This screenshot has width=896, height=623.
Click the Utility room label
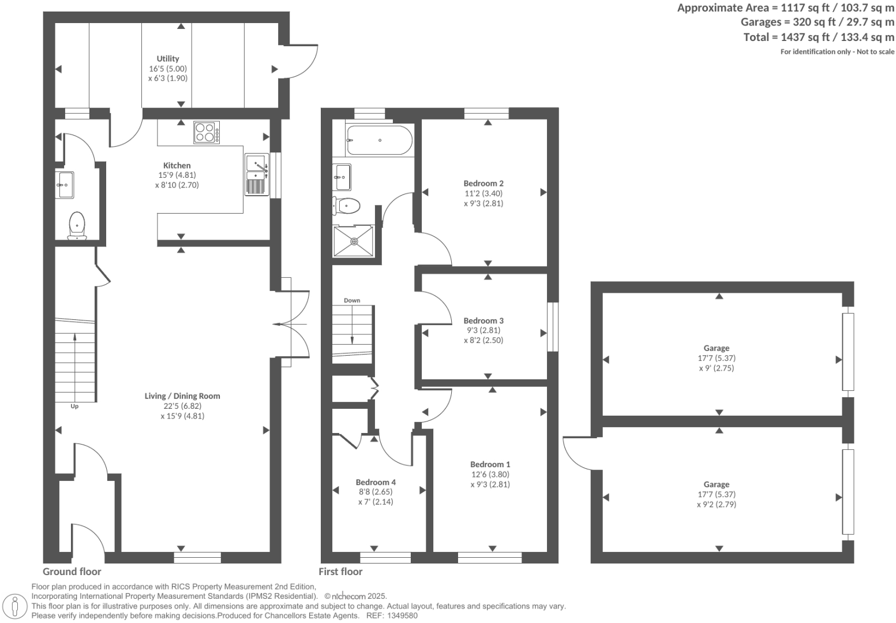coord(168,58)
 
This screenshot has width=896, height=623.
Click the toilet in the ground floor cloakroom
coord(77,226)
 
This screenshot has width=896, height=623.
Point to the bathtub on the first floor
coord(379,140)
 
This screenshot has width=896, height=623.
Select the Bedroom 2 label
coord(483,184)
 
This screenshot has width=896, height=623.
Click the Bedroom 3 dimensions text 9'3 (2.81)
coord(483,330)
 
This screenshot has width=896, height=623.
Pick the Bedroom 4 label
coord(376,482)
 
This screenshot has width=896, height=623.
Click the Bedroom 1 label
coord(490,464)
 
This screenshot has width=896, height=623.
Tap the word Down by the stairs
coord(352,300)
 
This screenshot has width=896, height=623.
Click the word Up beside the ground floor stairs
coord(74,406)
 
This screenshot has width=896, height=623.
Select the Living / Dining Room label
coord(182,396)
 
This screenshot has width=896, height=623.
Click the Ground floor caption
coord(72,572)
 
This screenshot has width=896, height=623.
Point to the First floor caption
coord(340,572)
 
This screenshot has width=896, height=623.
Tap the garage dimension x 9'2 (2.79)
coord(716,504)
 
